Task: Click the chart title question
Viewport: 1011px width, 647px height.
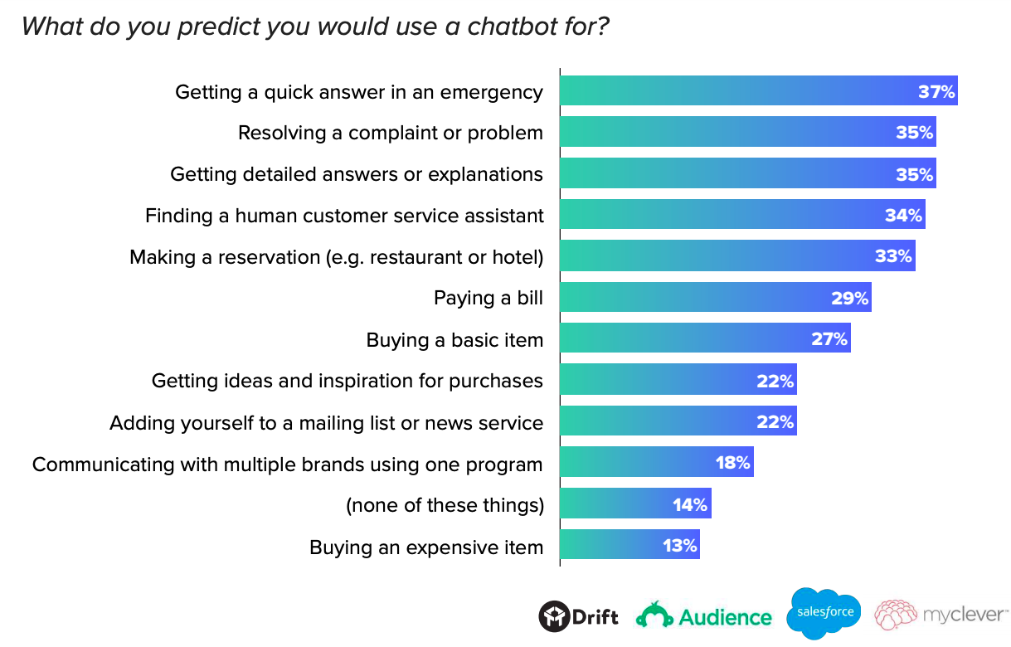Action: pos(315,26)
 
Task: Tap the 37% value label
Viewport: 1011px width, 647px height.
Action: pos(936,91)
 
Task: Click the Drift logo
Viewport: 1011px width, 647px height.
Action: pos(579,616)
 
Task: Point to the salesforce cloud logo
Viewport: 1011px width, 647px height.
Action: pos(824,613)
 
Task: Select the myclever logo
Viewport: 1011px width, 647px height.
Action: pos(941,615)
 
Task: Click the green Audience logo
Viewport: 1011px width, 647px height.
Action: pos(704,616)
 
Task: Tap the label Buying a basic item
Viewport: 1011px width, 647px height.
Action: pos(454,339)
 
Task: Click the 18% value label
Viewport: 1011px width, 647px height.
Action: pos(733,463)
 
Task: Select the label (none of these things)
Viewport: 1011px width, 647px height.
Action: pos(445,505)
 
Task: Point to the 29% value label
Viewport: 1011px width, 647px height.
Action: pos(849,298)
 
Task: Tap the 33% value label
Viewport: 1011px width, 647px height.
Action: pos(893,256)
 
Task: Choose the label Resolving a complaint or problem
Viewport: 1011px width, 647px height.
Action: pos(390,133)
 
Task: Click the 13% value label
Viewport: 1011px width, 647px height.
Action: pos(680,546)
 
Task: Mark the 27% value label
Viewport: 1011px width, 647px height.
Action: pos(829,339)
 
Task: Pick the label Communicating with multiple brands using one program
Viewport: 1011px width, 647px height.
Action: pos(287,464)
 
